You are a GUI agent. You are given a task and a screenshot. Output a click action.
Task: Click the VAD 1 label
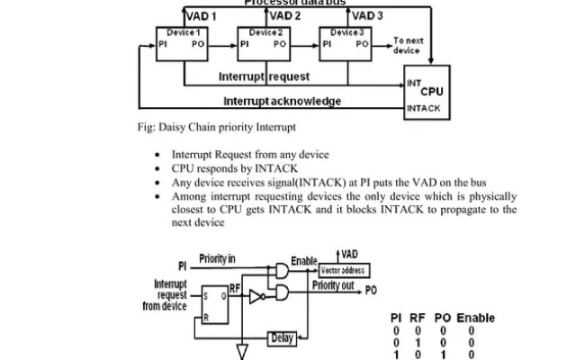(x=200, y=16)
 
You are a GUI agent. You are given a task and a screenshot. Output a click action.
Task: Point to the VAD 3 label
(x=367, y=16)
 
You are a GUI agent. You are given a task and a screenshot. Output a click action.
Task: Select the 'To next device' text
(x=409, y=45)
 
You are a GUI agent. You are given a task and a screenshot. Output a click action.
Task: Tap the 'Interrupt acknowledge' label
(x=282, y=101)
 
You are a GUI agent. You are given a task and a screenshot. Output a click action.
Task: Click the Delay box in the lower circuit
(x=283, y=338)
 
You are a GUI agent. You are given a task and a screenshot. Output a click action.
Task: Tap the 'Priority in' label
(x=217, y=259)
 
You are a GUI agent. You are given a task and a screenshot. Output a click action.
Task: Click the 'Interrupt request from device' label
(x=165, y=294)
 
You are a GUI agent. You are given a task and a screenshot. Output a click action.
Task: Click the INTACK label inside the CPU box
(x=425, y=108)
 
